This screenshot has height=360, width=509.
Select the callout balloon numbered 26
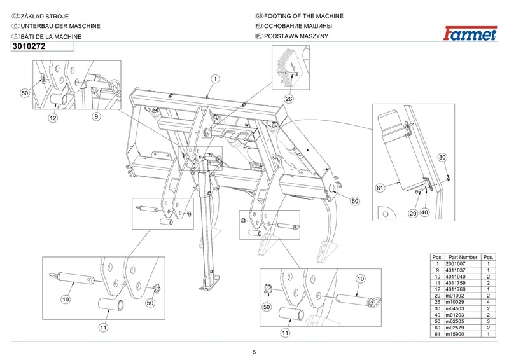click(x=288, y=99)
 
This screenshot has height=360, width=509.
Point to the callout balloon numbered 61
click(x=380, y=188)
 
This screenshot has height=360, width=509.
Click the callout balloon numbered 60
click(x=355, y=201)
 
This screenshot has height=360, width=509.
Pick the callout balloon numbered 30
click(x=443, y=157)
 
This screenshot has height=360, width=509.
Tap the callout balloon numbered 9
click(x=96, y=116)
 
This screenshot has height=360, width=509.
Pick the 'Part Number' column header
click(x=463, y=257)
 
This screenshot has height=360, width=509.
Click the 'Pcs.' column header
click(x=489, y=257)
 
